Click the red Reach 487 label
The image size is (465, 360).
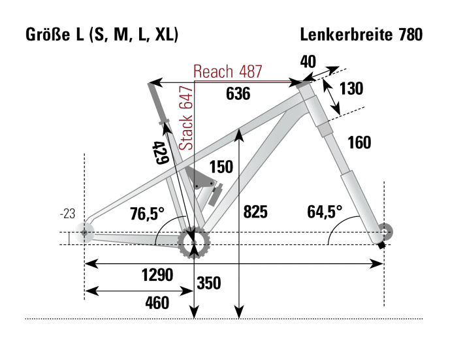[228, 71]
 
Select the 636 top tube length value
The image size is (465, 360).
[238, 94]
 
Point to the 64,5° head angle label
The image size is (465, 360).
[325, 212]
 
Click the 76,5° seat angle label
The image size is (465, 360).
[147, 214]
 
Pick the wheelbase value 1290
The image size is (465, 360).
[157, 275]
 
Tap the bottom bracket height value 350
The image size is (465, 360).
[208, 284]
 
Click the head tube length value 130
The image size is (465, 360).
[351, 89]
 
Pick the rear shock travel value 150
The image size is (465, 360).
[221, 167]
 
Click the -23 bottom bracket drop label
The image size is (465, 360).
[67, 214]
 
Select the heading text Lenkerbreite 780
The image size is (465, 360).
[361, 35]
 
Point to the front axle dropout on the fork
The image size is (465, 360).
[383, 233]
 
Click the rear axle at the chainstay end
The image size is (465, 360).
[84, 232]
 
